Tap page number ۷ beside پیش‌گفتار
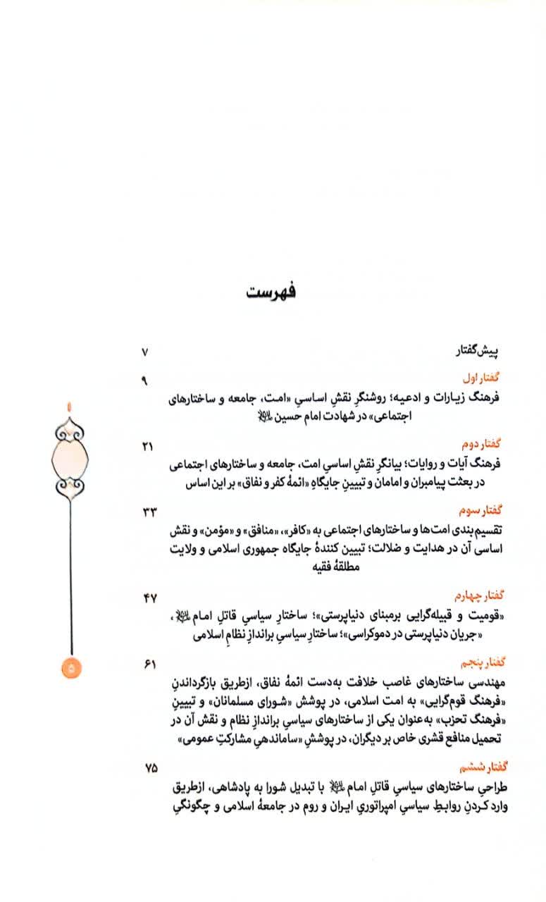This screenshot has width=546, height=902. [x=145, y=351]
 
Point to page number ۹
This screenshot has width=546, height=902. [x=145, y=381]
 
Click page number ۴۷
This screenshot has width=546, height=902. [x=149, y=598]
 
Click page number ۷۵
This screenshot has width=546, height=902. [x=149, y=767]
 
